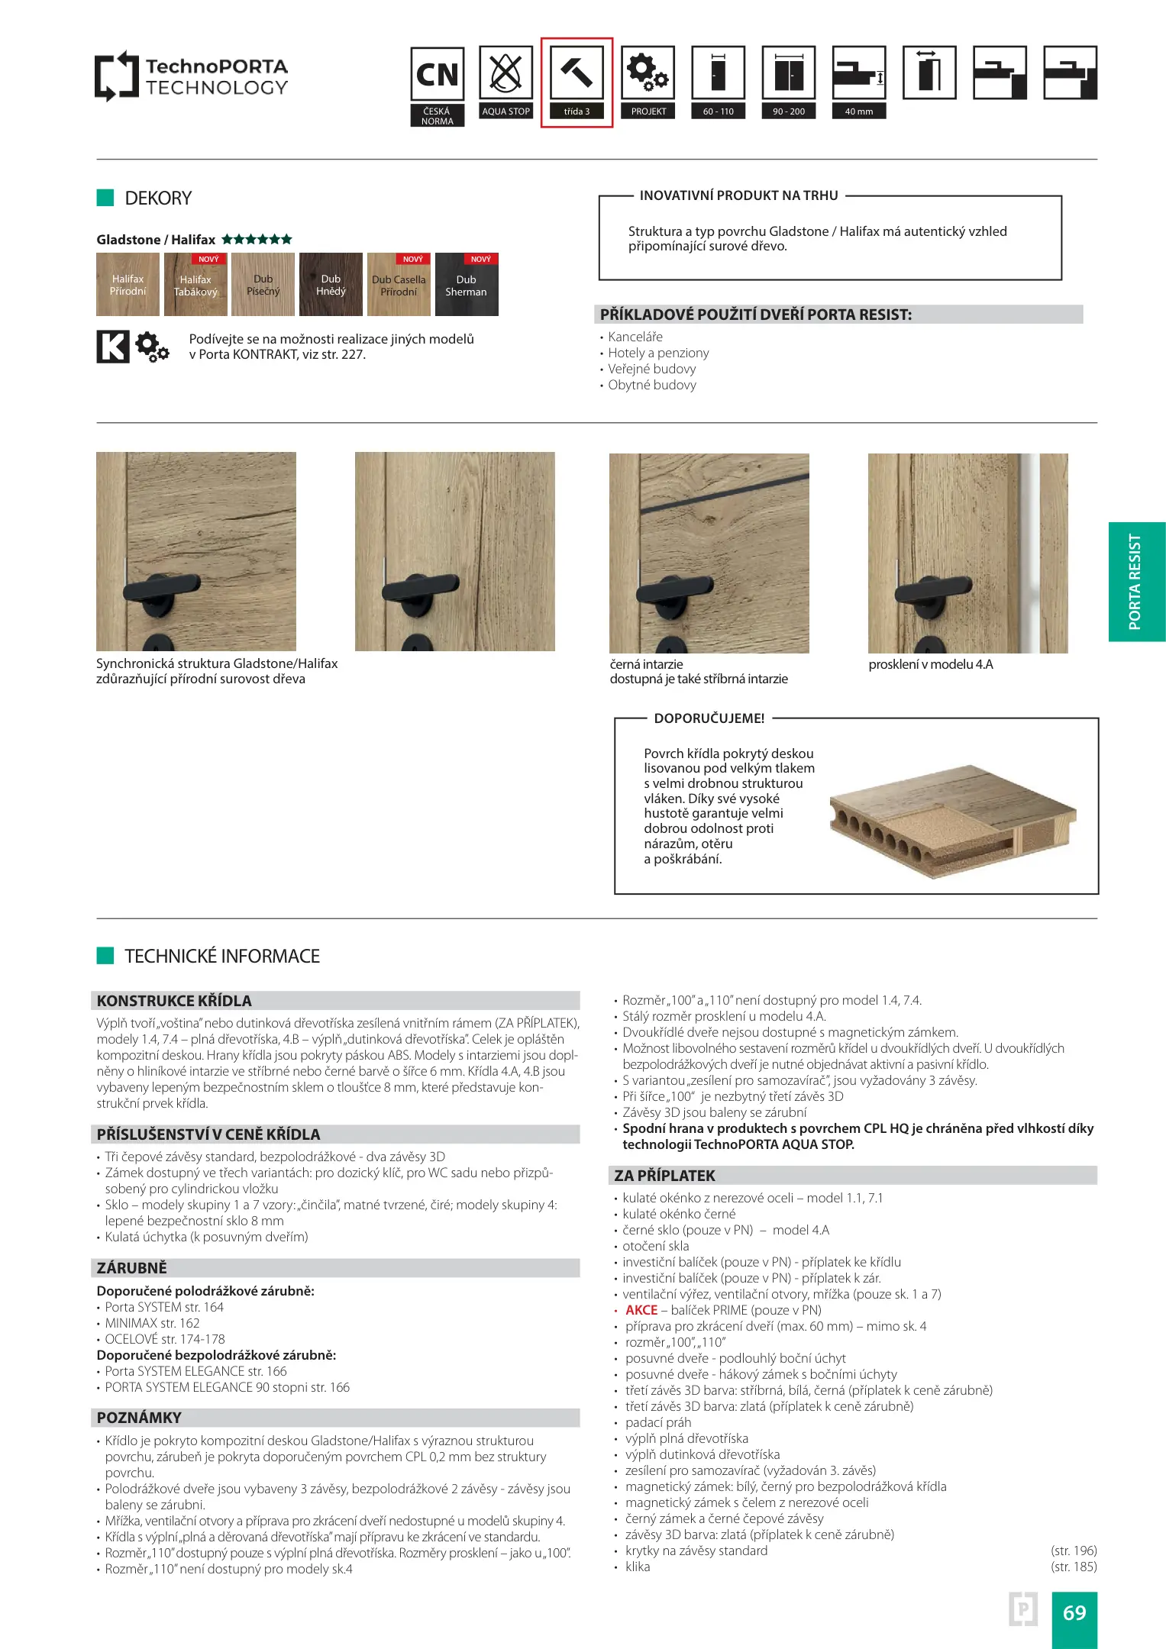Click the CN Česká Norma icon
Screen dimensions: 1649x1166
(438, 74)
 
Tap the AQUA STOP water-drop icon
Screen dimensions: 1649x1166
(505, 73)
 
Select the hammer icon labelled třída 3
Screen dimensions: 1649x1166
(577, 73)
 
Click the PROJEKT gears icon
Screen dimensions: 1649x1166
(648, 73)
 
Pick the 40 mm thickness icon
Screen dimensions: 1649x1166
(859, 73)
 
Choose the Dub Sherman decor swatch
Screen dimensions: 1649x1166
(467, 285)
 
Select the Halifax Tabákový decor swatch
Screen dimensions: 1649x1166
(195, 285)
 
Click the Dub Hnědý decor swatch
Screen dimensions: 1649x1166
(331, 285)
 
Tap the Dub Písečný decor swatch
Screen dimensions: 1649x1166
(263, 285)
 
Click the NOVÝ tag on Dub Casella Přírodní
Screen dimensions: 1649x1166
(413, 260)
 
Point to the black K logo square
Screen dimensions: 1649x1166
(113, 347)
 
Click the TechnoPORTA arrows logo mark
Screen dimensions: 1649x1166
(116, 76)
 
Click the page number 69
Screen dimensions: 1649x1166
(1074, 1612)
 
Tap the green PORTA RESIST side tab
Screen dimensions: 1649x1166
(1136, 582)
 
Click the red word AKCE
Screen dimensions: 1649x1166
(641, 1310)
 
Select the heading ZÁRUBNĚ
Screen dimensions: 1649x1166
(132, 1268)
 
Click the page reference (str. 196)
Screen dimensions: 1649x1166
(1074, 1551)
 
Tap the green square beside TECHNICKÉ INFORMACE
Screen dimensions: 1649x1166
(105, 956)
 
